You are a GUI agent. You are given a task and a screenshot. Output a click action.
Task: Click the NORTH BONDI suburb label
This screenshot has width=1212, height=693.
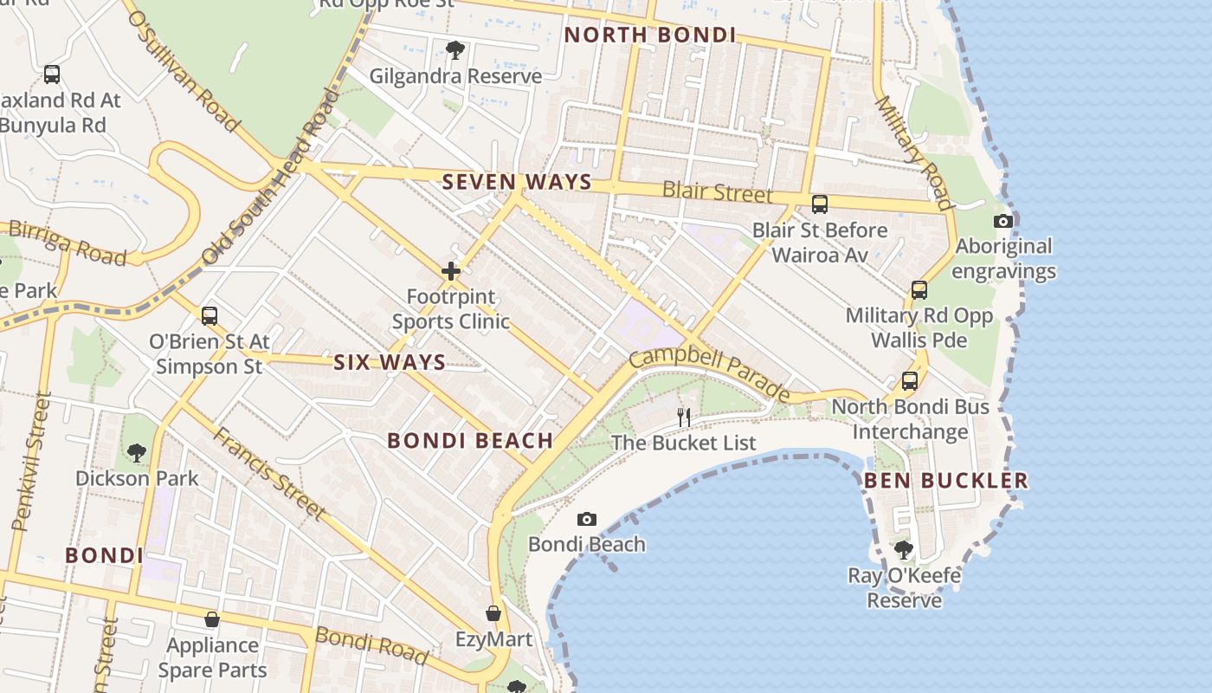click(649, 36)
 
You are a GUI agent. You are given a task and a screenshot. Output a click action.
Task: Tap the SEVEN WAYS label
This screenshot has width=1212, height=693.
click(517, 183)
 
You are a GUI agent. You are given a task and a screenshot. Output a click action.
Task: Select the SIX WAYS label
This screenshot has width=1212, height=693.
click(390, 362)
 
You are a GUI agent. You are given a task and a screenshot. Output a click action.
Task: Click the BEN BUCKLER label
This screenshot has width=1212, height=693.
click(945, 480)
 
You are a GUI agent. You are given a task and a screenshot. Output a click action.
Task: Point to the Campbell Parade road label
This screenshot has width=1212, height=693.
click(710, 375)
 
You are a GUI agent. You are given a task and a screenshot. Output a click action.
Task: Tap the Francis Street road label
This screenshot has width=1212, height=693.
click(269, 474)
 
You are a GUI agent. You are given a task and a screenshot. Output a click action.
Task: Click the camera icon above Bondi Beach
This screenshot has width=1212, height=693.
click(587, 519)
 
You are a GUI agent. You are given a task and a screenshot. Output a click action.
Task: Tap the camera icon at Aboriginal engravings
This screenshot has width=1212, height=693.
click(1003, 221)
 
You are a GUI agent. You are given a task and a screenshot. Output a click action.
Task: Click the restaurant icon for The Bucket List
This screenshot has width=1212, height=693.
click(684, 418)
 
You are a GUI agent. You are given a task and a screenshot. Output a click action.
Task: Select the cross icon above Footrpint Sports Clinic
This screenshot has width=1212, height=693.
click(451, 271)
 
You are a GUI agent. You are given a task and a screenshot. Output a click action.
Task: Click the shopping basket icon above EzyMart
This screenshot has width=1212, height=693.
click(493, 613)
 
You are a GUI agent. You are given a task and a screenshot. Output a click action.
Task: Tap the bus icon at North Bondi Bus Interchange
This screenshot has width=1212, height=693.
click(910, 380)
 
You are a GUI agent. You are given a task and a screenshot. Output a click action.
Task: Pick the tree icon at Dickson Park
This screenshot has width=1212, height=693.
click(136, 452)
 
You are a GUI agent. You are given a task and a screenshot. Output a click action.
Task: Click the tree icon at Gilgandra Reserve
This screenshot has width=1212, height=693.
click(455, 50)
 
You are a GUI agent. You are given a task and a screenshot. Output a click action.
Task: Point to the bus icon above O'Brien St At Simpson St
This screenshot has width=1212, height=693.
click(210, 315)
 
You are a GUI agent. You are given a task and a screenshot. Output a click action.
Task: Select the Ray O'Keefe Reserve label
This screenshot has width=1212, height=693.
click(905, 587)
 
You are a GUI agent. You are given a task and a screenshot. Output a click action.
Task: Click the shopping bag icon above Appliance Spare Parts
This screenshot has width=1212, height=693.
click(211, 619)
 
